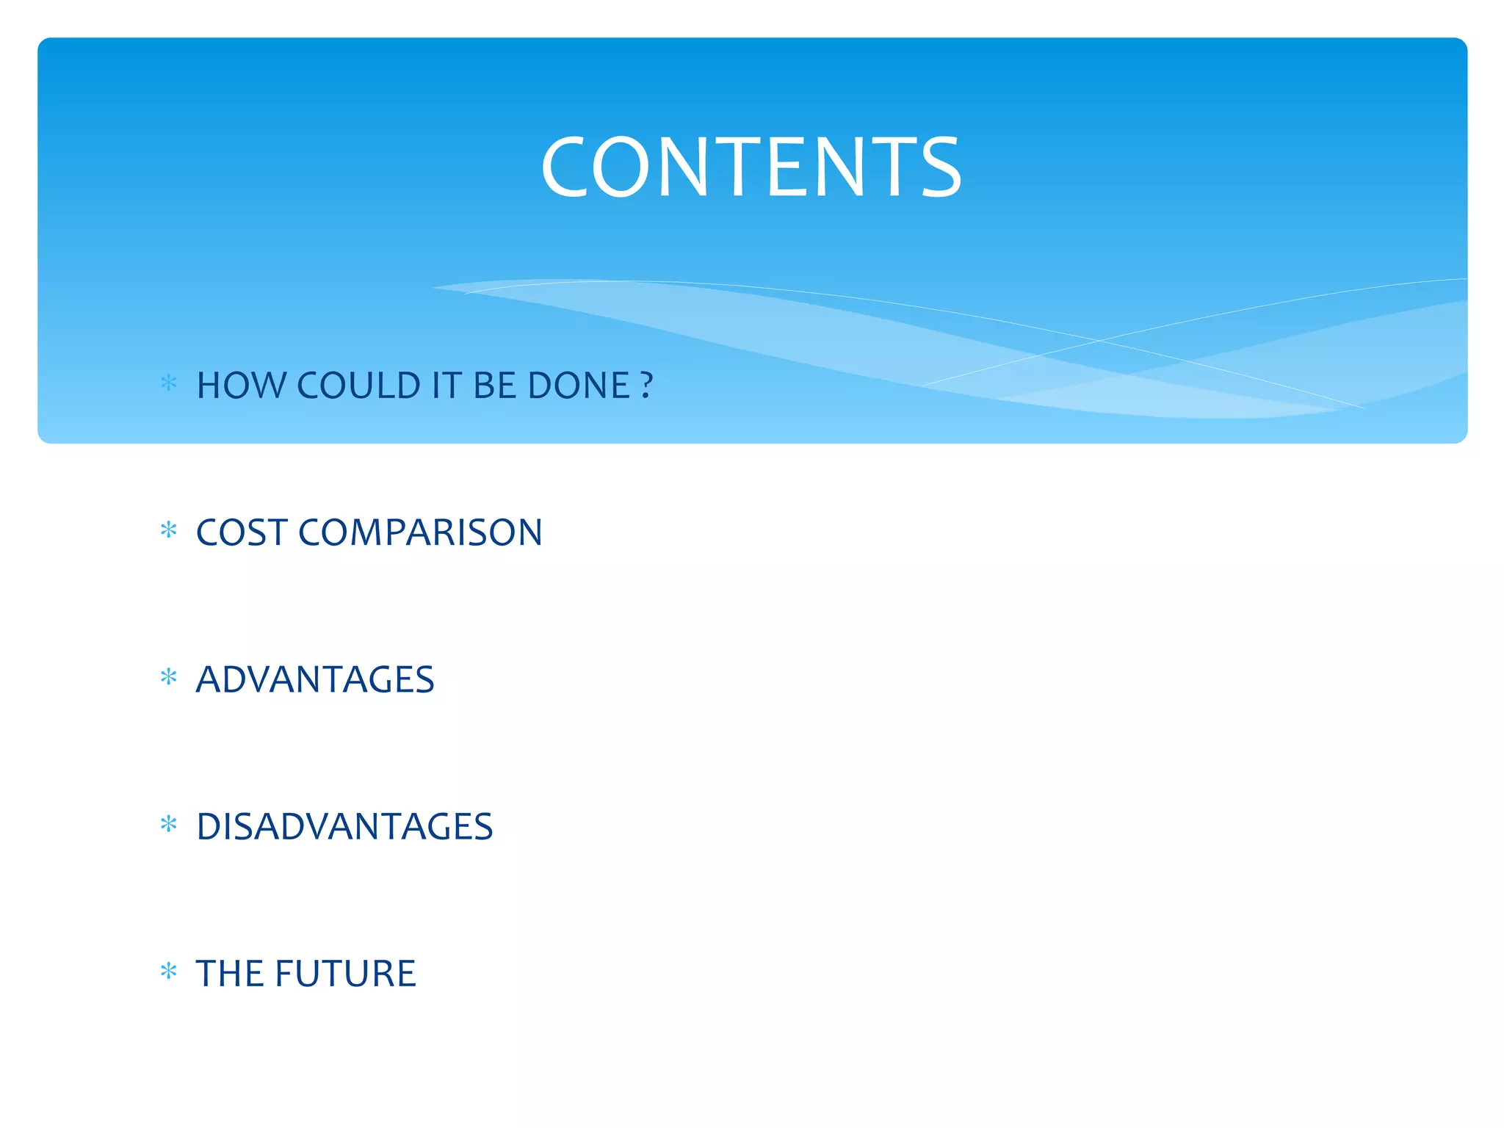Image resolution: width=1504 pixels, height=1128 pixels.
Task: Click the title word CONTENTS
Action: (x=751, y=167)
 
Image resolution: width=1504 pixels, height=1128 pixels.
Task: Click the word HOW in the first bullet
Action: (x=240, y=386)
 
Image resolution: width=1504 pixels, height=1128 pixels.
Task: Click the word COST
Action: (x=242, y=532)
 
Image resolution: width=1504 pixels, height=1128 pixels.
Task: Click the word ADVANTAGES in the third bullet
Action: (x=315, y=679)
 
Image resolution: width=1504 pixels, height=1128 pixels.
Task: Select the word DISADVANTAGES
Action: (x=344, y=826)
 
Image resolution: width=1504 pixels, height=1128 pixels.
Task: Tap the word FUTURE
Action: (x=345, y=974)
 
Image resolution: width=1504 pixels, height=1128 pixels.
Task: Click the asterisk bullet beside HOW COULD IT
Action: (x=169, y=383)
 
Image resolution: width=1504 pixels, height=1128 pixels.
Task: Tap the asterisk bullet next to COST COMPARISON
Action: (x=169, y=529)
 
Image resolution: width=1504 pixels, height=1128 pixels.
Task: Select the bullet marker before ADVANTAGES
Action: (x=169, y=676)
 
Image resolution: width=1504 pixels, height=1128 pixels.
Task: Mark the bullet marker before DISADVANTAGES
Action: (x=169, y=824)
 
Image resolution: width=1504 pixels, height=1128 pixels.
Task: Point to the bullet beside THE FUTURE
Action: (x=169, y=971)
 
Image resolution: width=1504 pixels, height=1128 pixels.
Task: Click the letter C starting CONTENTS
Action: (x=563, y=167)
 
